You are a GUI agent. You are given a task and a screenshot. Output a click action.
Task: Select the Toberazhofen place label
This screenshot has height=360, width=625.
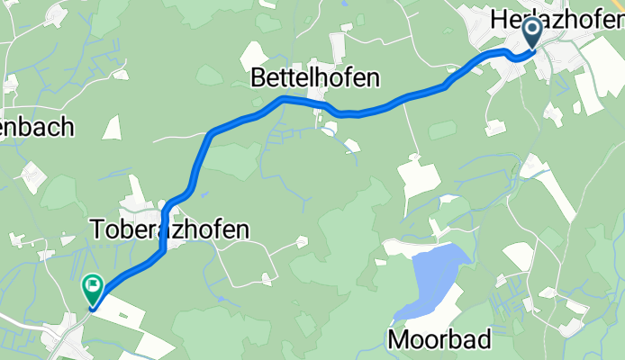[x=169, y=230]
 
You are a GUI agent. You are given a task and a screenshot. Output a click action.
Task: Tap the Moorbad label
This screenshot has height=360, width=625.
[x=440, y=340]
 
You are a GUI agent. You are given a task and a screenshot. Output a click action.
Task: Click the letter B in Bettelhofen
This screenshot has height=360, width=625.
[x=255, y=79]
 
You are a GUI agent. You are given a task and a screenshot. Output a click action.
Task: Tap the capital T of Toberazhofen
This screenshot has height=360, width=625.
[x=98, y=230]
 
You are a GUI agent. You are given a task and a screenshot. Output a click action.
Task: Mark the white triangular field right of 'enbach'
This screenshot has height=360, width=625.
[x=113, y=127]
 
